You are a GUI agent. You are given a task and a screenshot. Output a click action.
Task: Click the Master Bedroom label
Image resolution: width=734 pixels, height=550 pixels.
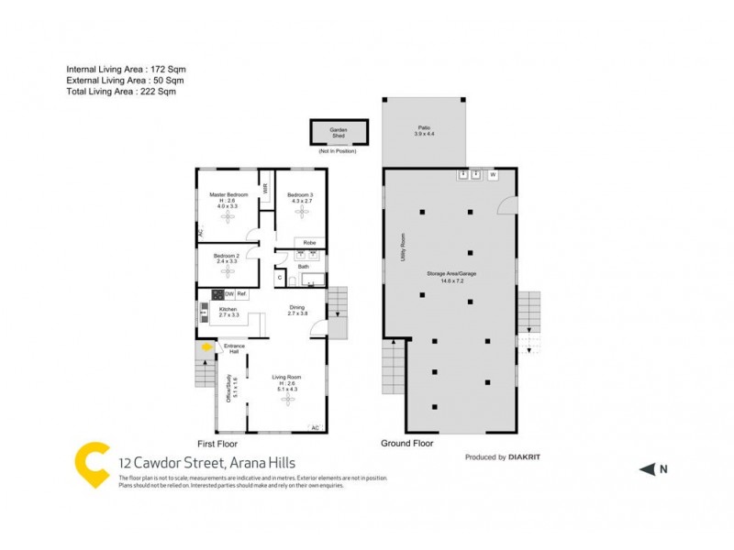[228, 195]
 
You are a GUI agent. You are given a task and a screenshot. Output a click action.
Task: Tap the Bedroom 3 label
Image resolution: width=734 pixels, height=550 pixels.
[301, 195]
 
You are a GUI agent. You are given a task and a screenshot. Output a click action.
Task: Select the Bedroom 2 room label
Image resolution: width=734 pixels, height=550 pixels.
[227, 256]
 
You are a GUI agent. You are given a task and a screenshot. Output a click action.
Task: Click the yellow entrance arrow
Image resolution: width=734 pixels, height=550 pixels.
[207, 346]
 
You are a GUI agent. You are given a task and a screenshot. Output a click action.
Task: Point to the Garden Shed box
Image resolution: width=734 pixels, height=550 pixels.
[339, 133]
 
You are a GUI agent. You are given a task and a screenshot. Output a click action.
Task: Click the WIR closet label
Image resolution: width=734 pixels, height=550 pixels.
[265, 189]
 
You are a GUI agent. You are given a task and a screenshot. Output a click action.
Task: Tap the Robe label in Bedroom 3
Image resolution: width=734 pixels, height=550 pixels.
[310, 243]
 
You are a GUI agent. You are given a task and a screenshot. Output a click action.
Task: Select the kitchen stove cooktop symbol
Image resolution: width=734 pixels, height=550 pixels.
[218, 294]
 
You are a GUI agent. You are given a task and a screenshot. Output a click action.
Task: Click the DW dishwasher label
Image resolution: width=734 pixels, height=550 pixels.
[229, 294]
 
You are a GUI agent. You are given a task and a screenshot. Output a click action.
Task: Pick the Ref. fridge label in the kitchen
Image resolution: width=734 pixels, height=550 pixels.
[242, 294]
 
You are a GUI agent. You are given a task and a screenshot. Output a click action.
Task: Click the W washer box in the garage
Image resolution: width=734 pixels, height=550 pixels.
[493, 174]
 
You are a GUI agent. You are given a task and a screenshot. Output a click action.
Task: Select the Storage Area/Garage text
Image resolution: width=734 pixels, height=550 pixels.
[450, 274]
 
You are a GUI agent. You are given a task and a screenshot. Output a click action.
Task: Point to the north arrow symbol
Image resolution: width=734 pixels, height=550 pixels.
[647, 469]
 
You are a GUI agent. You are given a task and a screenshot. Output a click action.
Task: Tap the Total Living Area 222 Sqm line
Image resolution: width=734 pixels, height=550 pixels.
[121, 91]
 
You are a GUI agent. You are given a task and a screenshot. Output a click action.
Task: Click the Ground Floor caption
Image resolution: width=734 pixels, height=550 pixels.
[406, 443]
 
